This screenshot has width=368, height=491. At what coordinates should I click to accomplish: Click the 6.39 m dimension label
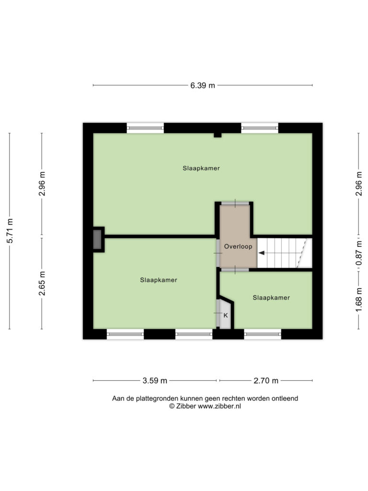click(203, 85)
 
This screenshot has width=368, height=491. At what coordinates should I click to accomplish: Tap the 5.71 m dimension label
click(10, 231)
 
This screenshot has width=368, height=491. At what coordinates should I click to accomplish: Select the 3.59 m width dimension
click(155, 381)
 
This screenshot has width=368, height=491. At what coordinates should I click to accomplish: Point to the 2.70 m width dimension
click(265, 381)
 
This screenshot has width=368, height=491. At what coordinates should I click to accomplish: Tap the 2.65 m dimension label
click(42, 283)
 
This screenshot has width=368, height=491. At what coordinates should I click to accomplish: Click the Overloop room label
click(238, 246)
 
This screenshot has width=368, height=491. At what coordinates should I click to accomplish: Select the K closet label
click(226, 316)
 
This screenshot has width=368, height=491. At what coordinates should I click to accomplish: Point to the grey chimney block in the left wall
click(97, 240)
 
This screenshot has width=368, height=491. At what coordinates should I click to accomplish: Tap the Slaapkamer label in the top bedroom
click(201, 168)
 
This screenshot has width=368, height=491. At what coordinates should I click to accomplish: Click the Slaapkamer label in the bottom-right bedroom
click(271, 298)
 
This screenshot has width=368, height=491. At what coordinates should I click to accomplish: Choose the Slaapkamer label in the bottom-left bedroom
click(159, 280)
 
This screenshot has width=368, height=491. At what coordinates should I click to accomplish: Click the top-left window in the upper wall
click(145, 128)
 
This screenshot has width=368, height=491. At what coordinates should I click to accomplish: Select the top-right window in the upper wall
click(260, 128)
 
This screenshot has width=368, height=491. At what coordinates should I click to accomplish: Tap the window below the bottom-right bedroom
click(263, 334)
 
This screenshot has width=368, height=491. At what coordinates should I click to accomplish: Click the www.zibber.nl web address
click(219, 406)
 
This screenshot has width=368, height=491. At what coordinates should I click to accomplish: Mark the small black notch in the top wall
click(218, 135)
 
